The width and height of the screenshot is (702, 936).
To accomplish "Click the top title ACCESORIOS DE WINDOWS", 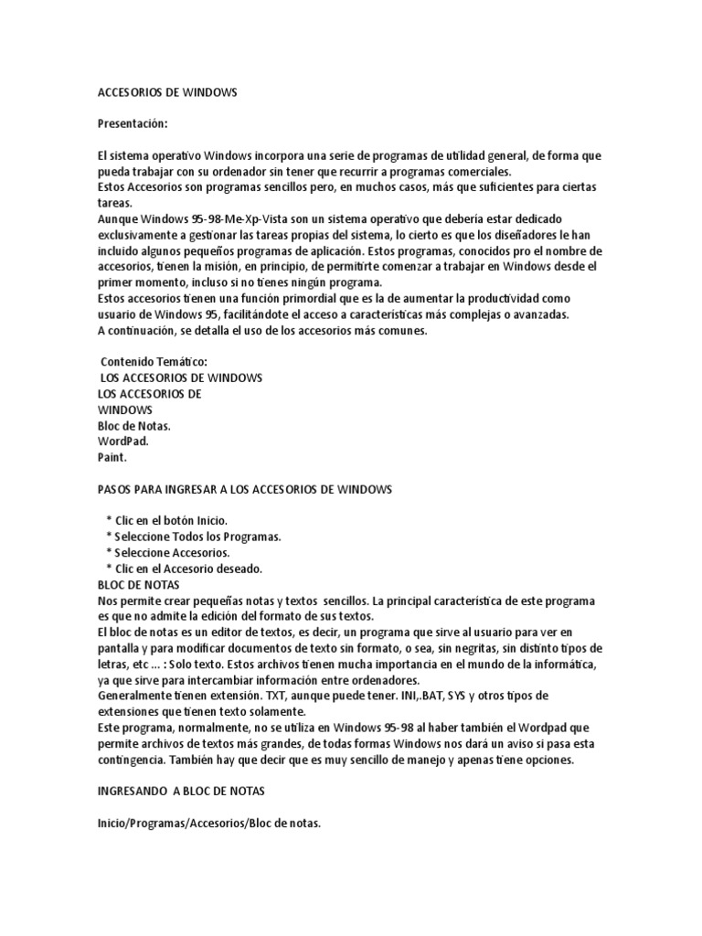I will [166, 92].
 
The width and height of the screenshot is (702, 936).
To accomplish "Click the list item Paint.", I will [112, 456].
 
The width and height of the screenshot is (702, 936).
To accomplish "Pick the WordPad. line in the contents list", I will [122, 441].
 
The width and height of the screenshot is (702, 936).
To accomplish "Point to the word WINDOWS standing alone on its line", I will [124, 409].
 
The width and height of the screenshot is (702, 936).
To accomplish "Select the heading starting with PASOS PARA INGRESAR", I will [244, 489].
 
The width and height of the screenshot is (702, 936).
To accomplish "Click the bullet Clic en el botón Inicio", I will [165, 520].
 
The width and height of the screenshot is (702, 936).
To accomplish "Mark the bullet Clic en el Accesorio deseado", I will [184, 569].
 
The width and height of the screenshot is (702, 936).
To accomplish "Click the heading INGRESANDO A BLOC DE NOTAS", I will [180, 792].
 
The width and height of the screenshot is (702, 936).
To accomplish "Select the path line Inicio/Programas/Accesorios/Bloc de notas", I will [208, 824].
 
